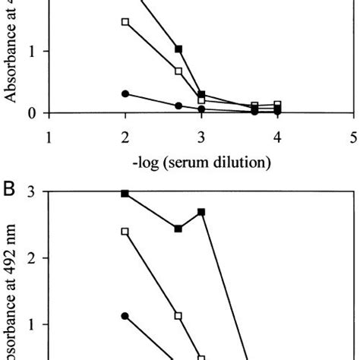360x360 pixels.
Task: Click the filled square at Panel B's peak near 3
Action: click(125, 194)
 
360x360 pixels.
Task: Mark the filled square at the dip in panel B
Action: click(178, 228)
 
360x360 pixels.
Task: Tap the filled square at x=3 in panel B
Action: click(201, 212)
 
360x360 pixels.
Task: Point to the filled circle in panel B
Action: click(125, 316)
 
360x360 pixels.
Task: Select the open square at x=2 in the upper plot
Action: click(125, 21)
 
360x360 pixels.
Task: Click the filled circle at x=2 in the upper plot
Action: click(125, 93)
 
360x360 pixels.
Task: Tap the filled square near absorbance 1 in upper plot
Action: click(178, 49)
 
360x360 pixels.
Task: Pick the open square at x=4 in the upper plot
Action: click(278, 105)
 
